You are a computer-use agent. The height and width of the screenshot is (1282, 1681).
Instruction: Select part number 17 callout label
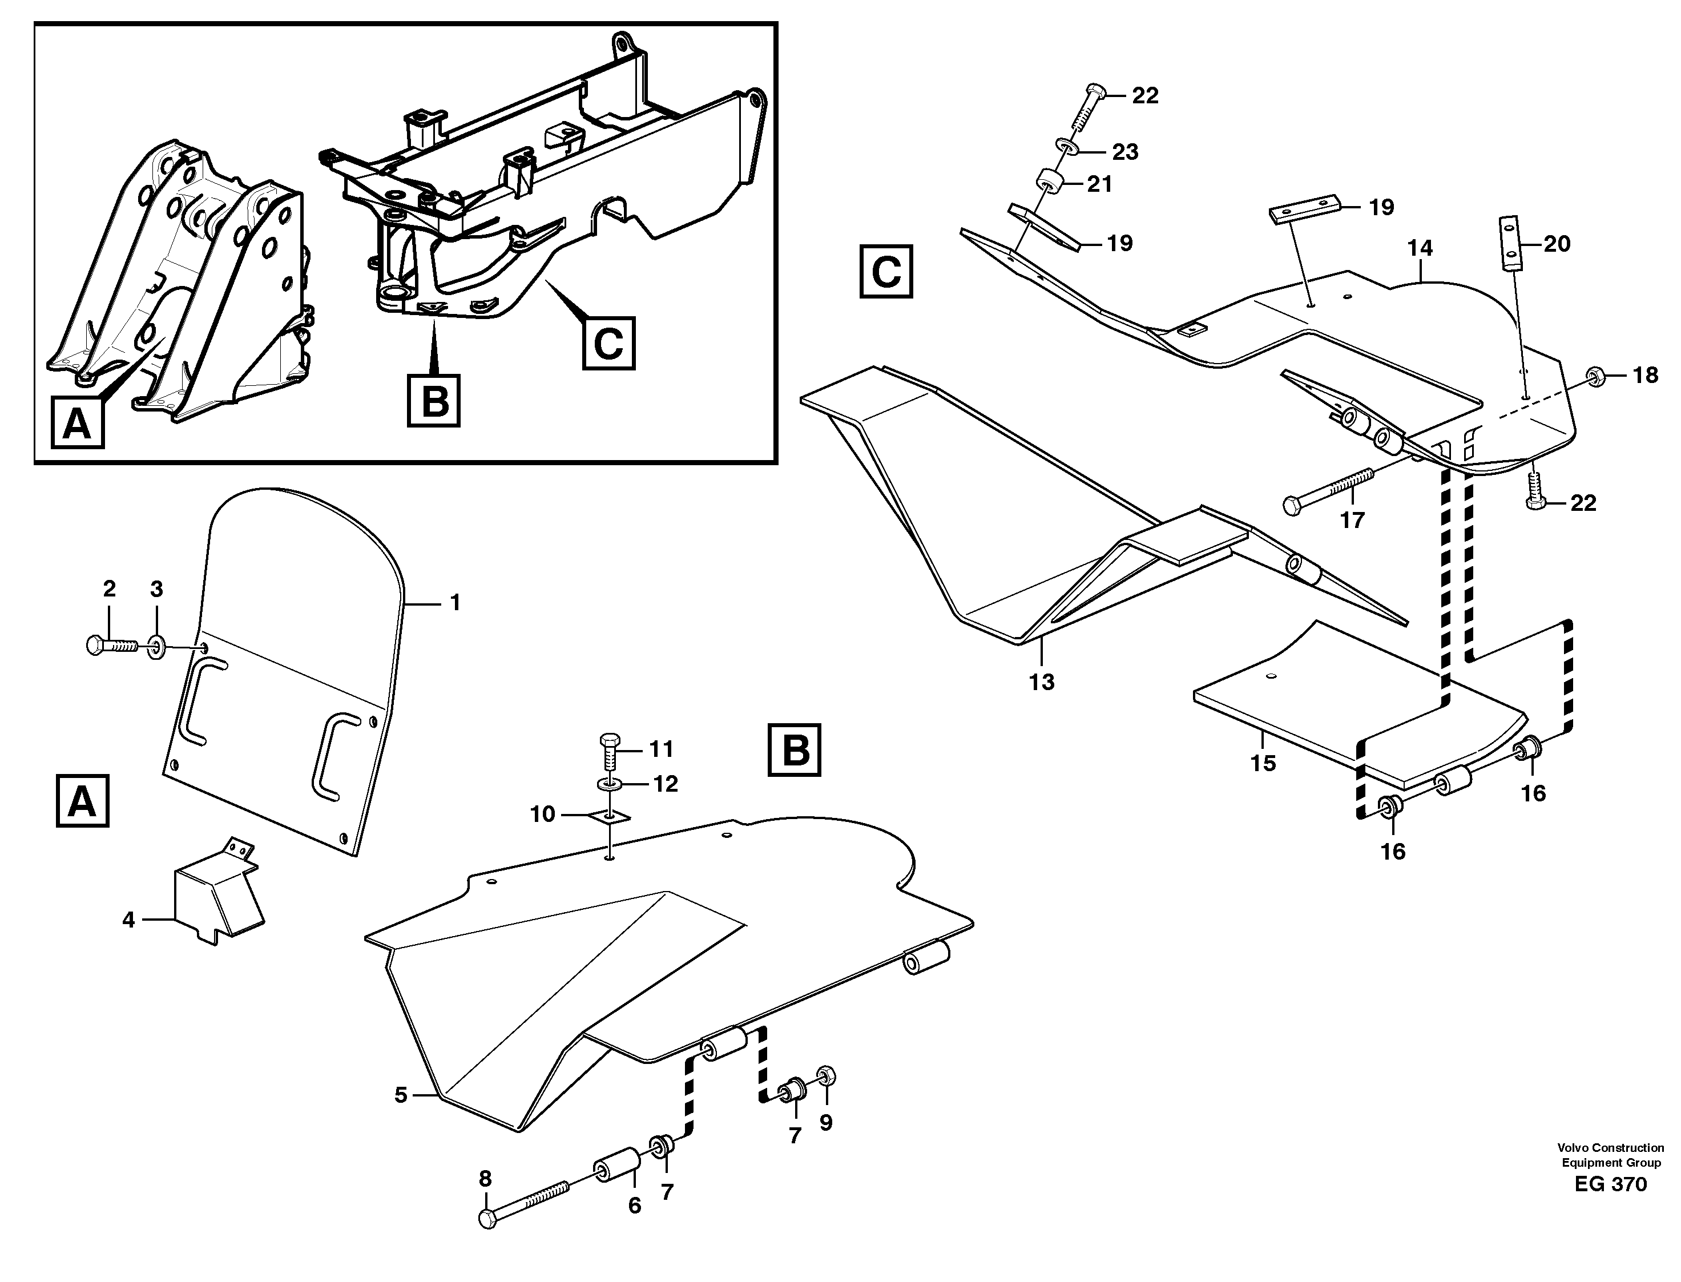1352,521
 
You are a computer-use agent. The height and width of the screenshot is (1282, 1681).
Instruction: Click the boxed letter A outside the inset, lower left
82,801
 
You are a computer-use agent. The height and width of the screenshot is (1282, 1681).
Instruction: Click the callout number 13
1042,682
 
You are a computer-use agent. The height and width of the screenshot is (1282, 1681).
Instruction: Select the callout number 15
1263,763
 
